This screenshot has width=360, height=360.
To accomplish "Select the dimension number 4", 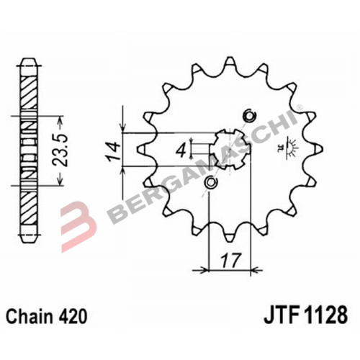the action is (181, 150).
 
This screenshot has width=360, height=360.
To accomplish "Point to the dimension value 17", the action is (230, 260).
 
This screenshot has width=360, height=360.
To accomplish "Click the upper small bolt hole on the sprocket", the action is (248, 116).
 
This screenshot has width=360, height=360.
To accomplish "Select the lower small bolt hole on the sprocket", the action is (210, 183).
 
